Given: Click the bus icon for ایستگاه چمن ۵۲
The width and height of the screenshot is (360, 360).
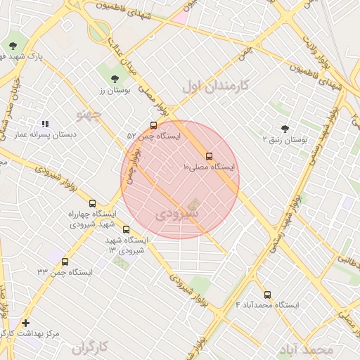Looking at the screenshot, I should (154, 125).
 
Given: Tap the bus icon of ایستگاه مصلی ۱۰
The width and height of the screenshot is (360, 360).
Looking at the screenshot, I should (209, 156).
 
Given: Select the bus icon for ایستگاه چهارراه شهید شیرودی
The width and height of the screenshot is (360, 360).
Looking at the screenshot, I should (93, 204).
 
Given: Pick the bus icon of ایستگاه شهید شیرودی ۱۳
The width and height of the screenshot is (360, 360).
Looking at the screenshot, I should (127, 229).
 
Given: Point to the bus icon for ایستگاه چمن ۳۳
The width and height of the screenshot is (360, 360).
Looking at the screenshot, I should (65, 262).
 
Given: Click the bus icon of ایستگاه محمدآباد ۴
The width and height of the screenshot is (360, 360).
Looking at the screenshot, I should (267, 295).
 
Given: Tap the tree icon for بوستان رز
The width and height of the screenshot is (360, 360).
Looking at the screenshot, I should (115, 79).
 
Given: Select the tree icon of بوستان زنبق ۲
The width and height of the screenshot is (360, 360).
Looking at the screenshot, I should (285, 129).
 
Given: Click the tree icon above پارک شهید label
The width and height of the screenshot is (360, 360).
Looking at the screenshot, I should (13, 46).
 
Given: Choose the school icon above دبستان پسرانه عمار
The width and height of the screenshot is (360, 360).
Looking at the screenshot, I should (46, 124).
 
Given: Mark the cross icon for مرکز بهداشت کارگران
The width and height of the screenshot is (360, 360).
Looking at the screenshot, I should (26, 323).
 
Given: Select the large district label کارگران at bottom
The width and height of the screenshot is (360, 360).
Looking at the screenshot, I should (92, 347).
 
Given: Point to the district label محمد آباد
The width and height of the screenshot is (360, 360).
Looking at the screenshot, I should (306, 349).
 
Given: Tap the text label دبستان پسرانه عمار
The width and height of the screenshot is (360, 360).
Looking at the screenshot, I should (41, 134).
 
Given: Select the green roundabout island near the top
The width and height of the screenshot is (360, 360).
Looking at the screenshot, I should (99, 31).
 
